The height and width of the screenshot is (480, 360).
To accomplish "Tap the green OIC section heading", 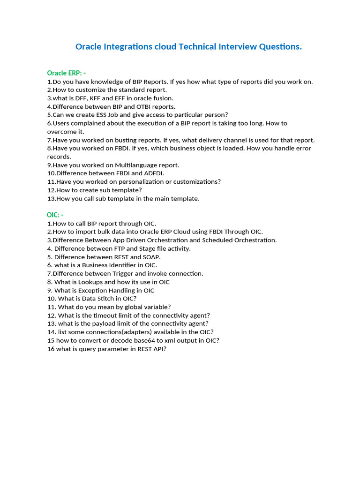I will pos(52,215).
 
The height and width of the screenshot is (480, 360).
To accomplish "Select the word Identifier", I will pos(128,265).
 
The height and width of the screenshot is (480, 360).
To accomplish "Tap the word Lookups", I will pos(90,282).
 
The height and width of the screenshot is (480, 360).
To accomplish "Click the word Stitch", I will pos(105,299).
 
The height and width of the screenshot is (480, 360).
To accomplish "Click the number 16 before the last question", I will pos(51,349).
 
